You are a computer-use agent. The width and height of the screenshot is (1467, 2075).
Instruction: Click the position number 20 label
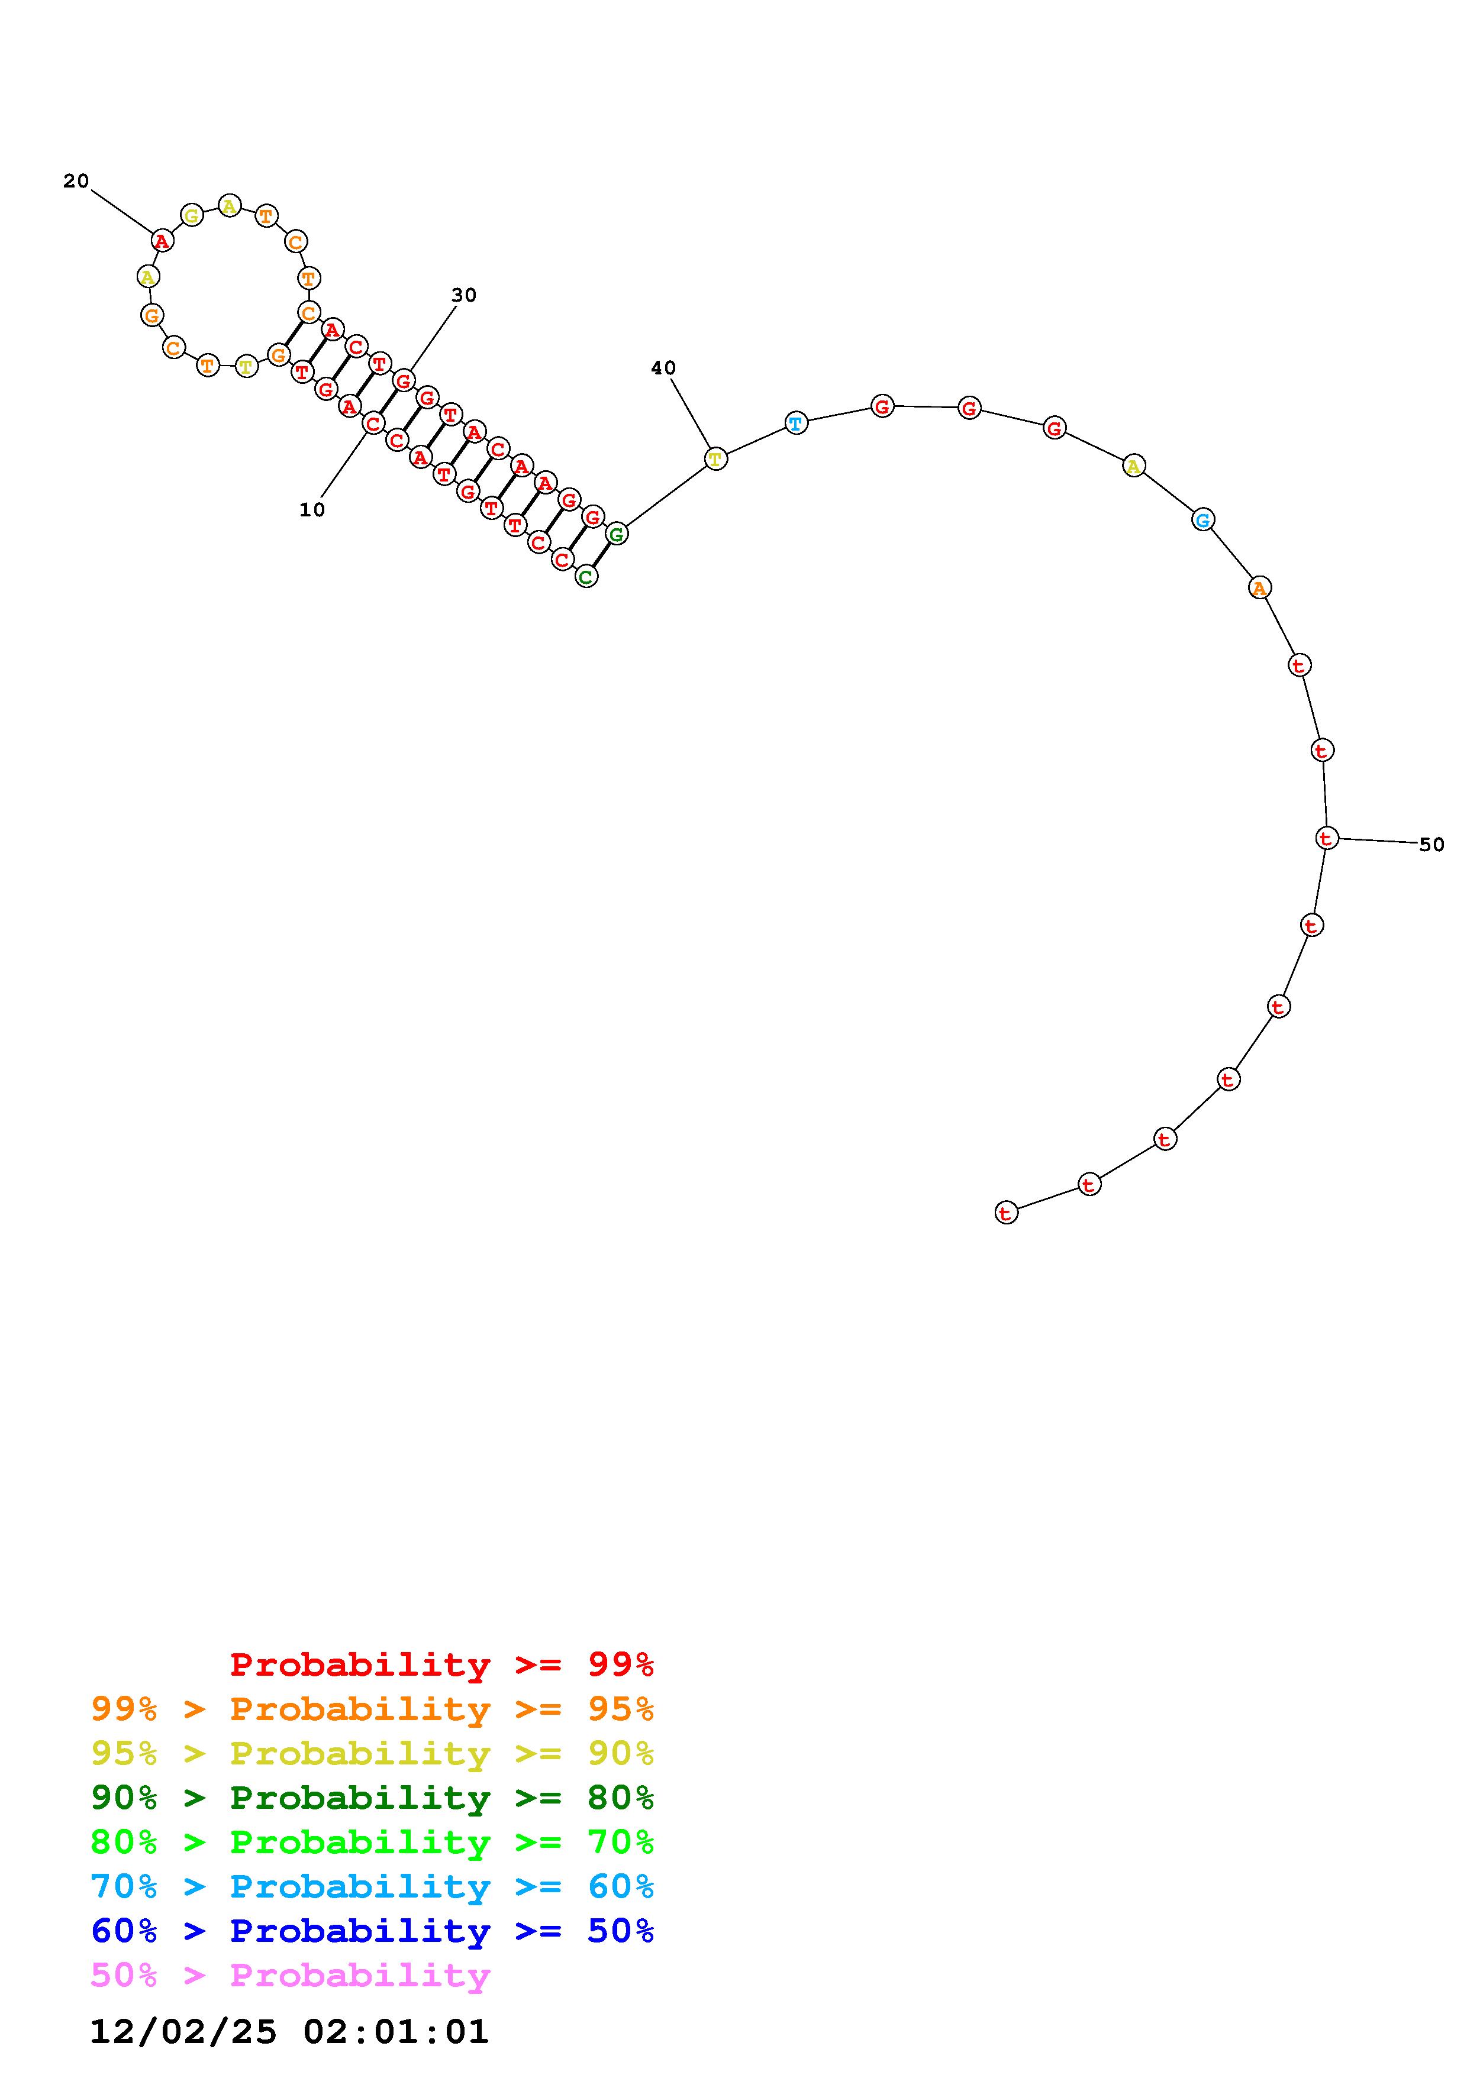point(76,182)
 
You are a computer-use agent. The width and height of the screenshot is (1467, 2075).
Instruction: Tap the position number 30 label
point(464,296)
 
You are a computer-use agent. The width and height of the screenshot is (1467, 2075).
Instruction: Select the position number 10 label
point(312,510)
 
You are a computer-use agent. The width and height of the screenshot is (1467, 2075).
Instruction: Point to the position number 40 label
point(663,369)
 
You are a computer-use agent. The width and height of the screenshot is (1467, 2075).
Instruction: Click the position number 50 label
point(1431,845)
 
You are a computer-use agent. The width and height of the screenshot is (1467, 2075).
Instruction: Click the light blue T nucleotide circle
point(795,423)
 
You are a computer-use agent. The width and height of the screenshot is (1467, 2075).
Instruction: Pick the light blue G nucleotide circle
point(1202,520)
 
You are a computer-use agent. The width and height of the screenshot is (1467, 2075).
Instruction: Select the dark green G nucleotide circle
point(617,534)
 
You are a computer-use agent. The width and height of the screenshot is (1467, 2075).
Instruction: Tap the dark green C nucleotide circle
point(586,577)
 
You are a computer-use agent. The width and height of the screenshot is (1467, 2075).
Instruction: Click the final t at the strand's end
point(1006,1213)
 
